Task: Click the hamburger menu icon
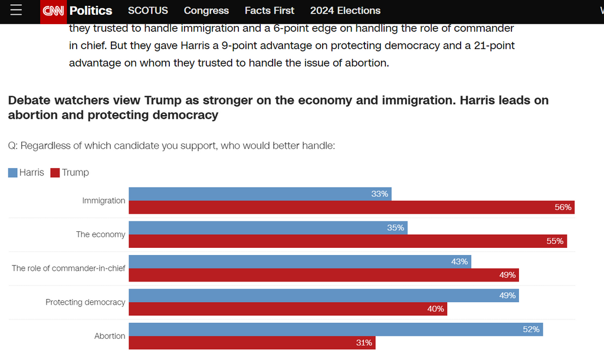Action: coord(16,11)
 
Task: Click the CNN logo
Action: coord(53,11)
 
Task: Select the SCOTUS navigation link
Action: coord(147,11)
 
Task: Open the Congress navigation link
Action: coord(206,11)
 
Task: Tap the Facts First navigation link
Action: coord(270,11)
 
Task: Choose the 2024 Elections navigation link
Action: coord(345,11)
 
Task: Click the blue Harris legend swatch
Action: coord(12,173)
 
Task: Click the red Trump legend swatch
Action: coord(55,173)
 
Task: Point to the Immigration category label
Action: coord(104,201)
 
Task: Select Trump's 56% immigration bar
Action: coord(352,207)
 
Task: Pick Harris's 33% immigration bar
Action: coord(260,194)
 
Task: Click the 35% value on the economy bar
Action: coord(395,228)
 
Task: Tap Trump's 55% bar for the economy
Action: coord(347,241)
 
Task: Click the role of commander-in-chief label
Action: coord(68,268)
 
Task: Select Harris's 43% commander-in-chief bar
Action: coord(300,261)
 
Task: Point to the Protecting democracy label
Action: coord(86,302)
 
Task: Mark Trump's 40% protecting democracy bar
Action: coord(288,309)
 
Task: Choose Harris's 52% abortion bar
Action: coord(336,329)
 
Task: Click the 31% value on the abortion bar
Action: coord(364,343)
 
